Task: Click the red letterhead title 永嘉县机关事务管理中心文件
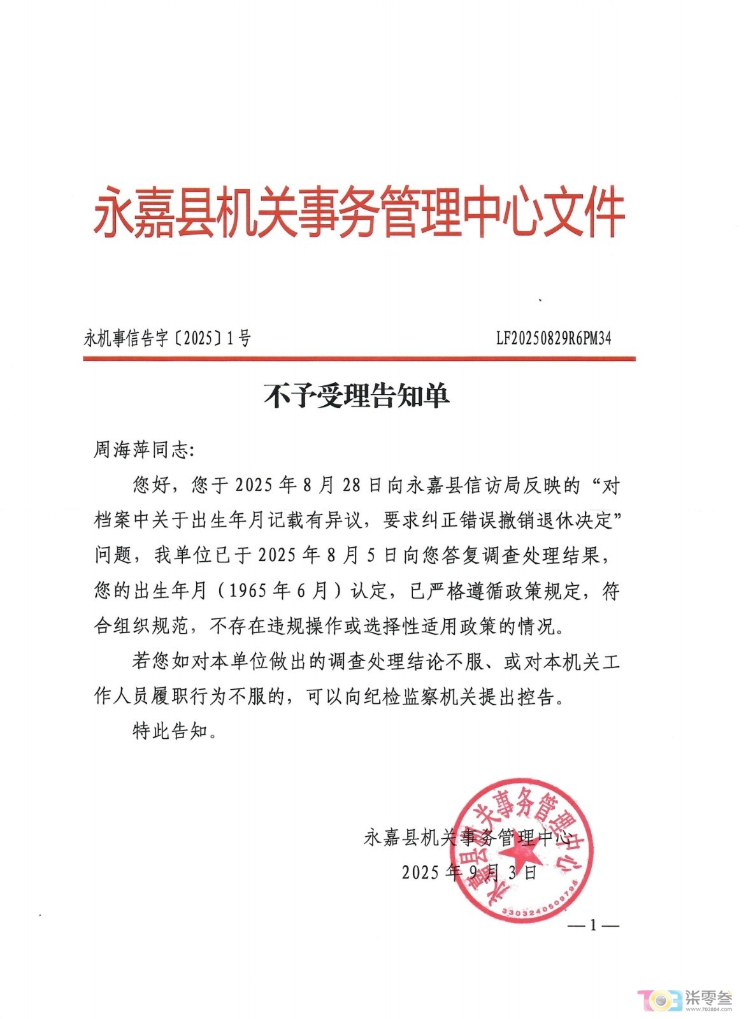point(359,212)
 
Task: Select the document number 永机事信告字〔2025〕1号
point(167,338)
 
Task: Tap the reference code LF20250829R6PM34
point(554,338)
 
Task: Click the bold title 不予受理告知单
point(357,395)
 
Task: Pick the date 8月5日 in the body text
point(362,555)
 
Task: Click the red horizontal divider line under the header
point(359,359)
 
